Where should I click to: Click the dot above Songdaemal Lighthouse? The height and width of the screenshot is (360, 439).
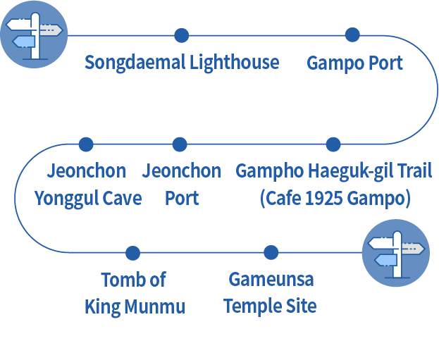[181, 35]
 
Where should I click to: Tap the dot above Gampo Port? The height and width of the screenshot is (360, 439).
[352, 35]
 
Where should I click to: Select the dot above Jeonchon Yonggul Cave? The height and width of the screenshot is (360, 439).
[86, 144]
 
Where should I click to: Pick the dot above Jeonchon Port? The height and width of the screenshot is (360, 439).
[180, 144]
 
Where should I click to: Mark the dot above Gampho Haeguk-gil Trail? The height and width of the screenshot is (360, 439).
[333, 144]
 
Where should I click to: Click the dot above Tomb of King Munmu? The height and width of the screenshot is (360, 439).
[132, 253]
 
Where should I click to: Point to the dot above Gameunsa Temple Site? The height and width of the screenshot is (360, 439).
[271, 252]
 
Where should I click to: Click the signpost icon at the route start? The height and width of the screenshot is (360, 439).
[34, 35]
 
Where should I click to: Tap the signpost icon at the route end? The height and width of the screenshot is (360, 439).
[395, 252]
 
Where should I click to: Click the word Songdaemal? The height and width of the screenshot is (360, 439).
[135, 63]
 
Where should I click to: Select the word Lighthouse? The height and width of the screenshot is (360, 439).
[234, 63]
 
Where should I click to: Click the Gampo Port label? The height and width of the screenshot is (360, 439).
[354, 63]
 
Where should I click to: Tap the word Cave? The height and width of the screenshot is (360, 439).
[123, 199]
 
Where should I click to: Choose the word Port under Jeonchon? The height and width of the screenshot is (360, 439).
[182, 199]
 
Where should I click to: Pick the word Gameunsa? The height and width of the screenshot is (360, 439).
[271, 280]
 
